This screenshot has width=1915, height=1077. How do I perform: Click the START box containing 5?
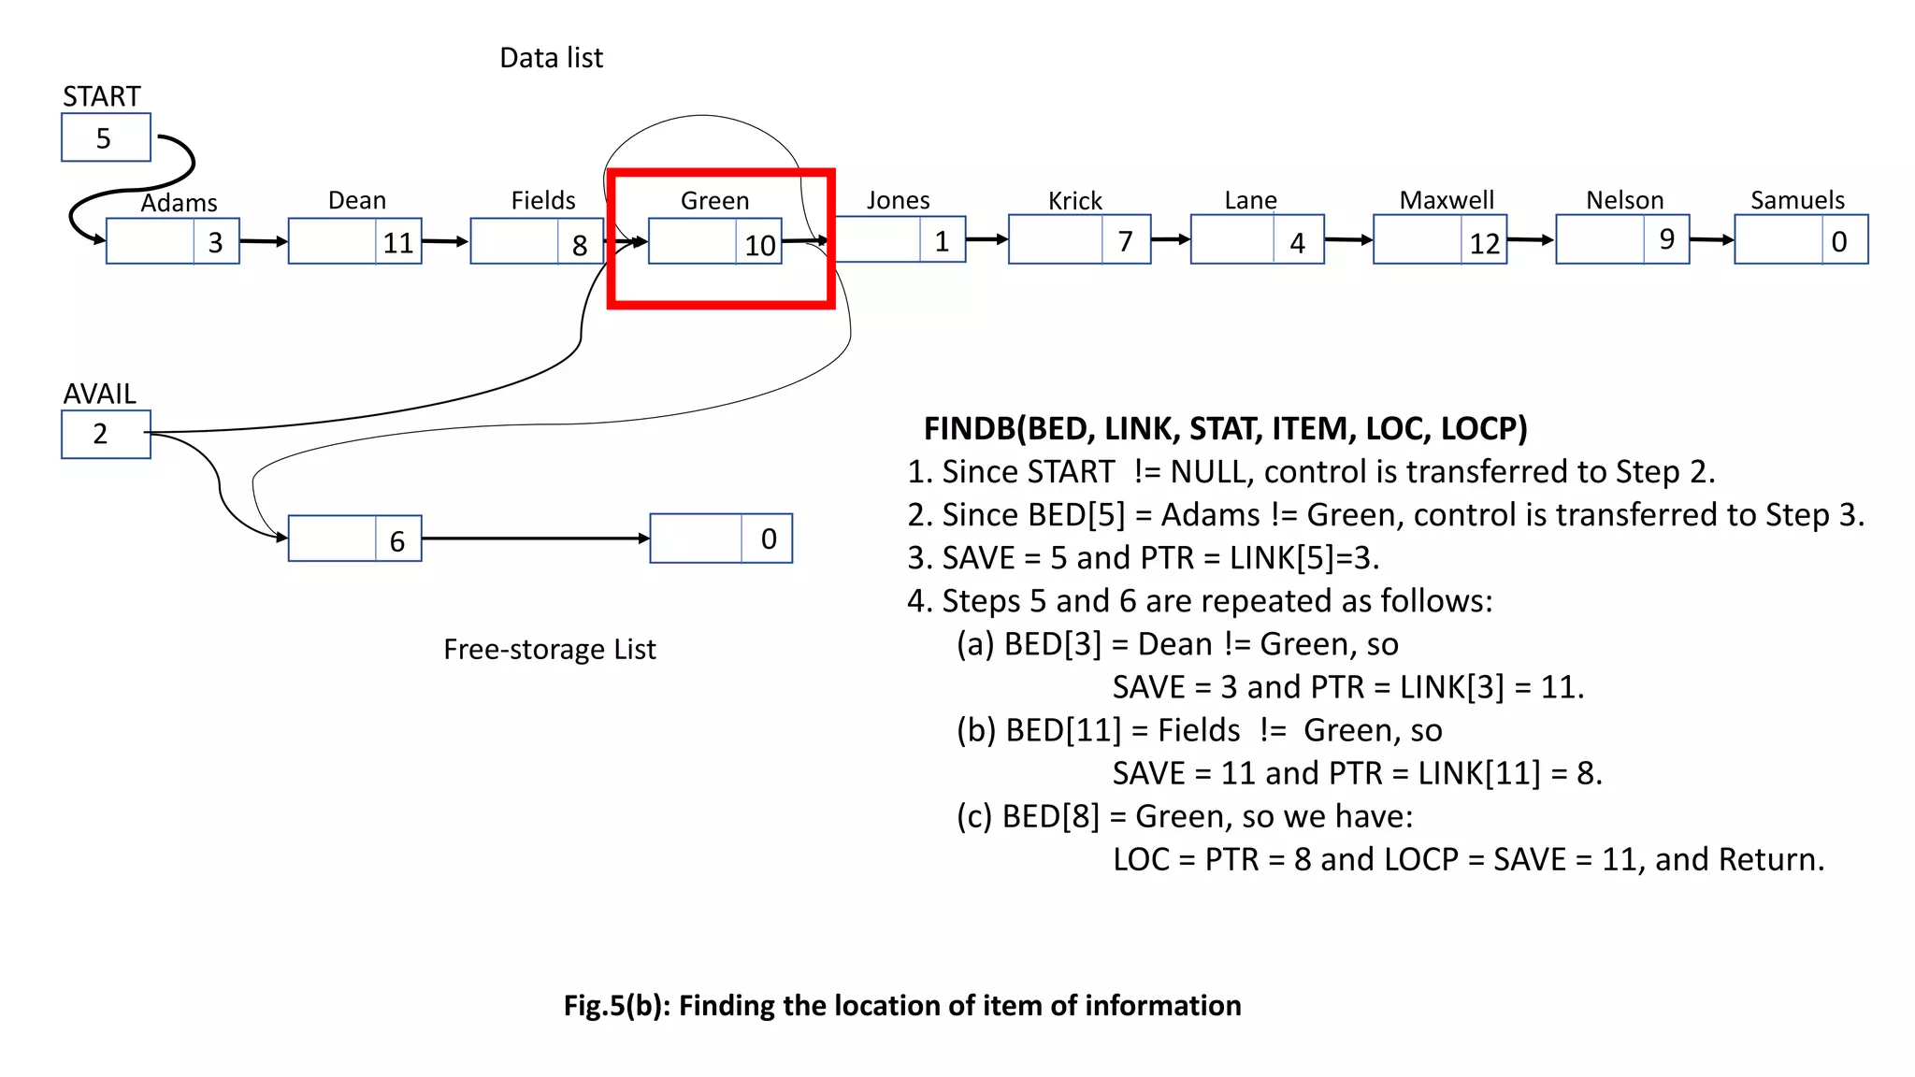(105, 137)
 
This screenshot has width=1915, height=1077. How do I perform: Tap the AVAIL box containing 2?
(105, 434)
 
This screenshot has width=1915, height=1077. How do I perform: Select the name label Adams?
(179, 203)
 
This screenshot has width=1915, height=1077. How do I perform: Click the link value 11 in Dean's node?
(398, 243)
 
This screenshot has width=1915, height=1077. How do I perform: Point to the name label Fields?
(542, 200)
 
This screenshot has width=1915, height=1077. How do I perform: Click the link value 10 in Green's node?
(759, 245)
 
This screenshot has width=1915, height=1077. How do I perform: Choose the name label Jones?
(898, 200)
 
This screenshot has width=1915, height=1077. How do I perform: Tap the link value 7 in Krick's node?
(1125, 241)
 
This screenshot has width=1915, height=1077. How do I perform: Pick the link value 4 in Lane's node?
(1297, 243)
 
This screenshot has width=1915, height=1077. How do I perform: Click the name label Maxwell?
(1446, 200)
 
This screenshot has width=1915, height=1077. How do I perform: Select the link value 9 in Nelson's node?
(1666, 239)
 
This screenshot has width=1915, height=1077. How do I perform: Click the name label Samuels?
(1797, 200)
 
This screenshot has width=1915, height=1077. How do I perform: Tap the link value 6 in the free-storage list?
(397, 540)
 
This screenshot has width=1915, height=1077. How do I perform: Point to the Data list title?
(551, 58)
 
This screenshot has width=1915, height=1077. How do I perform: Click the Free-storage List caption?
(549, 649)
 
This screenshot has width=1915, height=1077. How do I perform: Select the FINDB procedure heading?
(1225, 428)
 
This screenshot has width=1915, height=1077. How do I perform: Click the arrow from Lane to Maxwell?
(1348, 240)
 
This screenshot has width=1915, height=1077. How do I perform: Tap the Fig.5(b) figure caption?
(902, 1005)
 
